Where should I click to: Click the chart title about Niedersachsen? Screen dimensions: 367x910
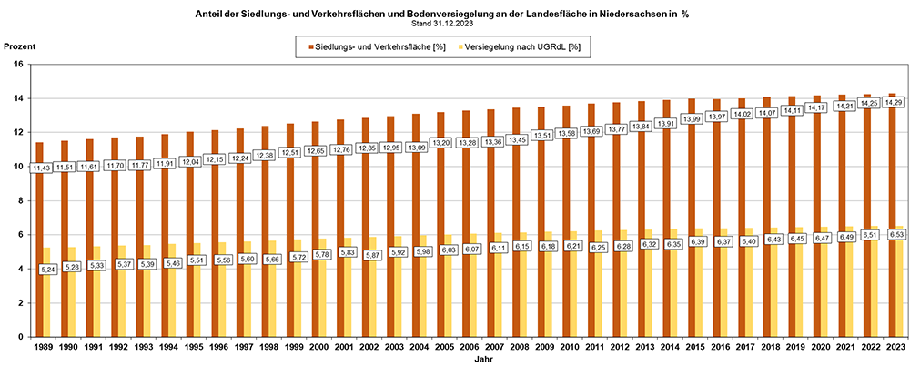(455, 15)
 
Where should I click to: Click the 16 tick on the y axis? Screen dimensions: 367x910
(21, 65)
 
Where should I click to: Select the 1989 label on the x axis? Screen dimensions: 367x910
(42, 347)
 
